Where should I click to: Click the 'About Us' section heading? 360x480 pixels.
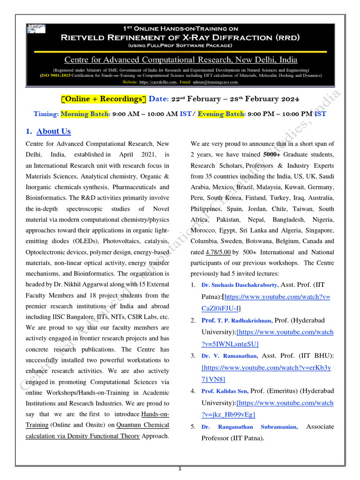[53, 131]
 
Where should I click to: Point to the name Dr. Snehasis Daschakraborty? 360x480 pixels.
[240, 285]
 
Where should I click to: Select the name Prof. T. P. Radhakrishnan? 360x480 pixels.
[237, 321]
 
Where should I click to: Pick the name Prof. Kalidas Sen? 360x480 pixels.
[225, 391]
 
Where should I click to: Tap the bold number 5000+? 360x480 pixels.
[272, 155]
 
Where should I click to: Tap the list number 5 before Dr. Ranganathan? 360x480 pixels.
[193, 427]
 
